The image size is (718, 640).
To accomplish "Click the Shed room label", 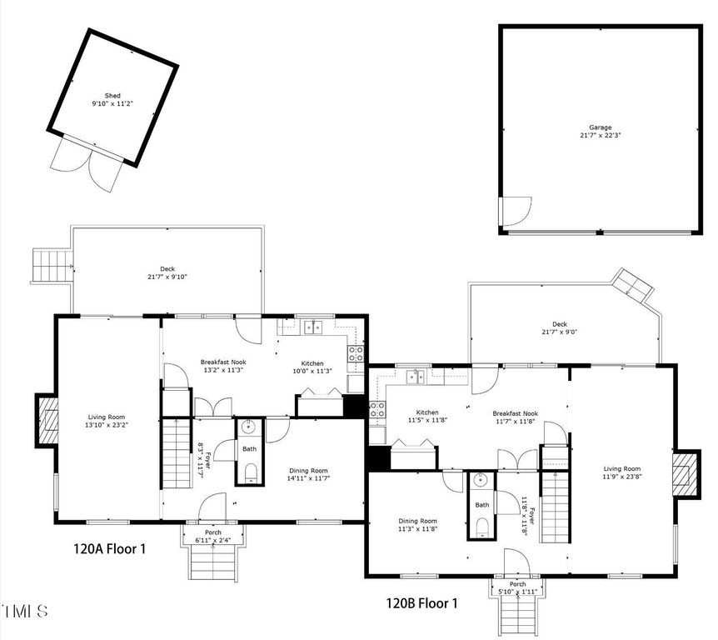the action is (112, 95).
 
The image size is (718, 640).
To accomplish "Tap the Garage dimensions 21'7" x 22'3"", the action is (601, 135).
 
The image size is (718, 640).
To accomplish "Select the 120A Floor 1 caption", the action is (109, 548).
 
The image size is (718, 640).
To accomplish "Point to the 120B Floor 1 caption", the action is (421, 602).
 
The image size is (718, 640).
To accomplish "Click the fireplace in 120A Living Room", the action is (47, 421).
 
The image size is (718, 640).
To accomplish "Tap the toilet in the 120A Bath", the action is (251, 472).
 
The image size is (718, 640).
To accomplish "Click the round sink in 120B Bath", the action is (481, 480).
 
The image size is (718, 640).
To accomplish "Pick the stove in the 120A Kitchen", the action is (356, 352).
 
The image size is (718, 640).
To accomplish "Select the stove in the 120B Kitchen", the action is (377, 409).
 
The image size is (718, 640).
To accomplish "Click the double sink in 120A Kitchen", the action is (313, 327).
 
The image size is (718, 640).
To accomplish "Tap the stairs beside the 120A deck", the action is (52, 266).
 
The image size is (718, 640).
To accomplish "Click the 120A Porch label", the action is (213, 532).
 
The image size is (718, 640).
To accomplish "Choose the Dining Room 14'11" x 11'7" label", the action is (308, 474).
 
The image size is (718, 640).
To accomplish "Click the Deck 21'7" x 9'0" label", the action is (560, 327).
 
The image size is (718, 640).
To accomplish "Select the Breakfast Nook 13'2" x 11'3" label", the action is (223, 366).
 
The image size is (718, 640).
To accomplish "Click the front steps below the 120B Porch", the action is (518, 617).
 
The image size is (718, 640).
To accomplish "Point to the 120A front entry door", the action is (212, 507).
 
